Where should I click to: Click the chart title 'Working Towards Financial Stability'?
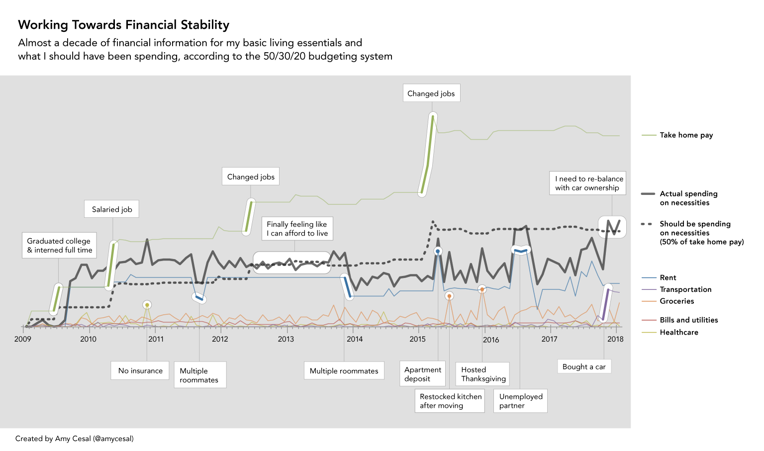coord(123,25)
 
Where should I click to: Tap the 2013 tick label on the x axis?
coord(286,339)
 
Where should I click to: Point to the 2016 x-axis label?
coord(491,340)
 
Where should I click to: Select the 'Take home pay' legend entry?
coord(686,135)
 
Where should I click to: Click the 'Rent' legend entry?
coord(668,278)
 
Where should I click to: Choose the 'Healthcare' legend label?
coord(678,333)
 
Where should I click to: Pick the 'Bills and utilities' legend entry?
coord(688,320)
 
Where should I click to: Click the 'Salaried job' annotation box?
coord(112,209)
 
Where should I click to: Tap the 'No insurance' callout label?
coord(140,371)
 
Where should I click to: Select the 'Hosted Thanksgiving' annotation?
coord(482,374)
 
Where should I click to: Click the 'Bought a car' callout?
coord(584,367)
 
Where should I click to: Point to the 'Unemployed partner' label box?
coord(520,401)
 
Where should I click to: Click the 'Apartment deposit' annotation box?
coord(422,374)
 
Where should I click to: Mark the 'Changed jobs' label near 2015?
coord(431,93)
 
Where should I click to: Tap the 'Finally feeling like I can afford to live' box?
coord(297,229)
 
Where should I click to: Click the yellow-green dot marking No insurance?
coord(147,305)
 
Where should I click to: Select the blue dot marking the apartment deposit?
coord(438,252)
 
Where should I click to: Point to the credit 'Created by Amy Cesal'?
coord(74,439)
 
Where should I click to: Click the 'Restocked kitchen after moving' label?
coord(451,401)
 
